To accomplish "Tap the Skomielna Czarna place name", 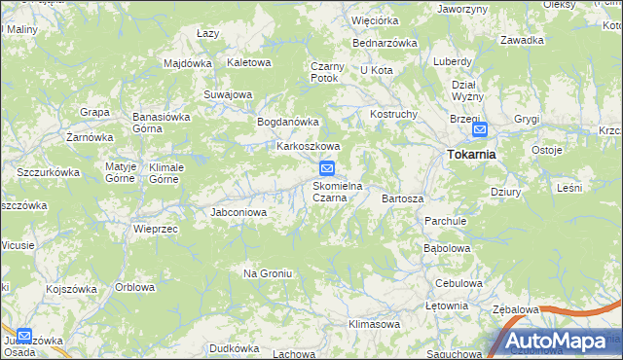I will tap(338, 191).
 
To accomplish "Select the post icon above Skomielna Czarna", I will tap(328, 168).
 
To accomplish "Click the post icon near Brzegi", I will tap(479, 129).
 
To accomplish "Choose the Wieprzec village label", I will tap(154, 230).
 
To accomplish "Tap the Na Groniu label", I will tap(268, 273).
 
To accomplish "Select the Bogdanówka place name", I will tap(287, 122).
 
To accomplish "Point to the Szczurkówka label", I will tap(48, 172).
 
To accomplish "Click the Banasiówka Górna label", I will tap(161, 123).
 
